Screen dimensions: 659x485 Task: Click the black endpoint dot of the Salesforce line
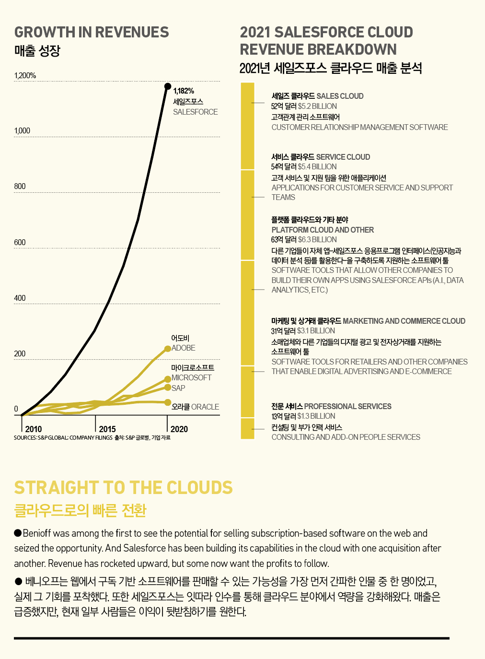(x=168, y=86)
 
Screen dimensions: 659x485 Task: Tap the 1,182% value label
(x=184, y=91)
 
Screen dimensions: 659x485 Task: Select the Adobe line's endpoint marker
(x=168, y=349)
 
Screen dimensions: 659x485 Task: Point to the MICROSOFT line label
(x=191, y=377)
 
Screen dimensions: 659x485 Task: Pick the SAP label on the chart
(x=178, y=388)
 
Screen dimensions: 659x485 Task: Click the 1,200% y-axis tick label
(x=25, y=75)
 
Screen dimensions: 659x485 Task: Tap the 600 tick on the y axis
(x=20, y=242)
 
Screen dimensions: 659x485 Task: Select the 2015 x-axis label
(x=107, y=429)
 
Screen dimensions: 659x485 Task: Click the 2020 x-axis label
(x=179, y=429)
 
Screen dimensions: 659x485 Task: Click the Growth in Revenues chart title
(x=92, y=32)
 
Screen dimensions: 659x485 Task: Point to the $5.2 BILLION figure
(x=317, y=106)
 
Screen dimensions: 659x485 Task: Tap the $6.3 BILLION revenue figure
(x=317, y=239)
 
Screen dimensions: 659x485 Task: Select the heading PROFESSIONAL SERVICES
(x=347, y=406)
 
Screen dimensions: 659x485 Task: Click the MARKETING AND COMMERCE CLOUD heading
(x=404, y=321)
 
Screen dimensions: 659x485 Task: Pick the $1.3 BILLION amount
(x=316, y=416)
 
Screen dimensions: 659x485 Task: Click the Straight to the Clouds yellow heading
(x=123, y=487)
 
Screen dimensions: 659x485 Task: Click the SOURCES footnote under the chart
(x=63, y=437)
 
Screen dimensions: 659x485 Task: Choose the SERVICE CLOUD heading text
(x=343, y=157)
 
